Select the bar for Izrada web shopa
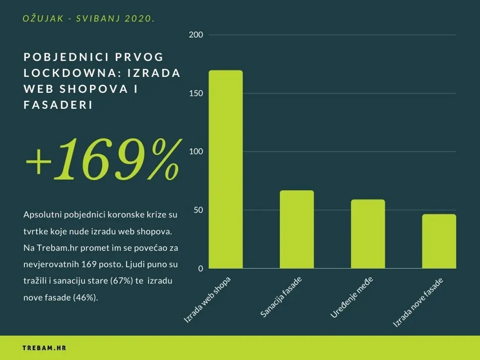click(x=226, y=169)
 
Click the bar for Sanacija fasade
click(x=297, y=229)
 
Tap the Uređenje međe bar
click(x=368, y=234)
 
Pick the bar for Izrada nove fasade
click(x=439, y=241)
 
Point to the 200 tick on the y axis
click(x=196, y=35)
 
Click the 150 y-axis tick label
click(x=196, y=93)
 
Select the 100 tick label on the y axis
click(x=196, y=151)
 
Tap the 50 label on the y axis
click(x=198, y=210)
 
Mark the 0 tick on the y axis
click(x=201, y=269)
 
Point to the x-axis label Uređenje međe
click(x=352, y=298)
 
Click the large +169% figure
click(x=101, y=158)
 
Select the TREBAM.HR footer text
click(x=44, y=348)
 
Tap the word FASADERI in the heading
click(x=58, y=105)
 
